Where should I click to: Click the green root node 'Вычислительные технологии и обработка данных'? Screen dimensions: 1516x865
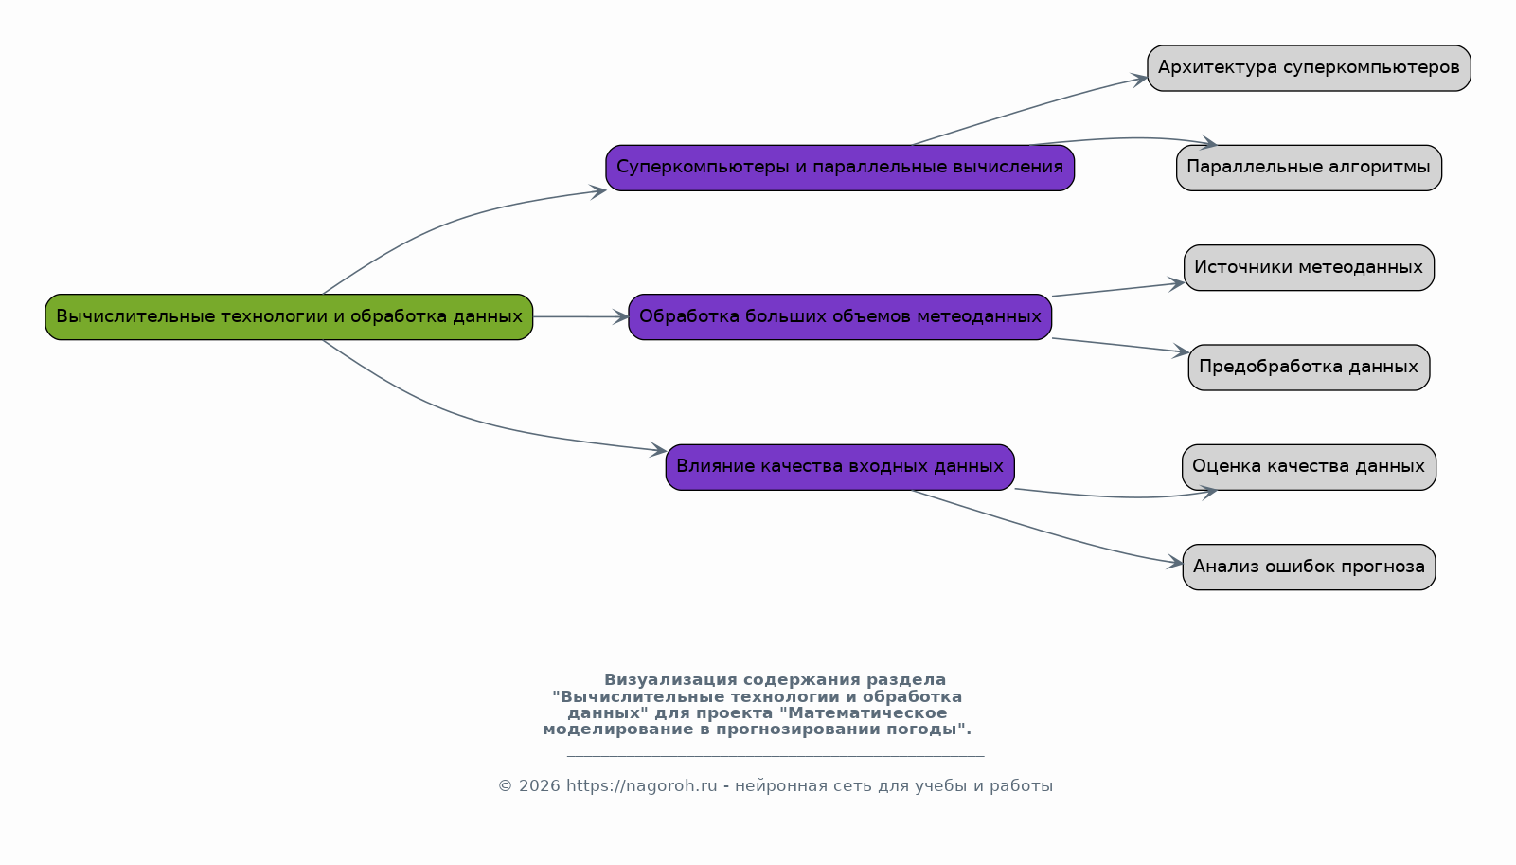(289, 317)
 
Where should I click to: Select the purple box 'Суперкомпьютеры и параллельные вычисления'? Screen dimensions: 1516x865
(840, 168)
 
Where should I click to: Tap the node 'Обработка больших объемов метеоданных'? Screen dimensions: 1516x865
(840, 317)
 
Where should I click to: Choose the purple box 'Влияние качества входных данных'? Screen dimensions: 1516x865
(840, 467)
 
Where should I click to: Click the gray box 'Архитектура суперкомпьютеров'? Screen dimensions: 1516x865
(1309, 68)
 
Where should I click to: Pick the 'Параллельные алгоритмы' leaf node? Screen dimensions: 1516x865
(1309, 168)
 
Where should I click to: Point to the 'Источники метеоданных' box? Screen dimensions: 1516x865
(1309, 268)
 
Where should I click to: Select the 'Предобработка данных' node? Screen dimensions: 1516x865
(1309, 368)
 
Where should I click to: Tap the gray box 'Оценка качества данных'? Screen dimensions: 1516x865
(1309, 467)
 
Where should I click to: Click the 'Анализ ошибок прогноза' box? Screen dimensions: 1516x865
(1309, 567)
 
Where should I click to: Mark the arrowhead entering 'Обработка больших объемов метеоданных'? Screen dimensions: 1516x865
(620, 317)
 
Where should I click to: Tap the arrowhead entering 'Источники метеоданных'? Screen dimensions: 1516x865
(1176, 284)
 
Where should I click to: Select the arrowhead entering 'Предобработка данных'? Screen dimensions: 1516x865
(1181, 351)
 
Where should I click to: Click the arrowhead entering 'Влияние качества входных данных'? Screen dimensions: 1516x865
(658, 450)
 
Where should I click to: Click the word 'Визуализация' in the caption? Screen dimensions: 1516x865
(670, 680)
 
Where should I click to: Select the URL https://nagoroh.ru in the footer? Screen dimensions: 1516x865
(642, 786)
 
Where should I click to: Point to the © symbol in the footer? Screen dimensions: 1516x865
(505, 786)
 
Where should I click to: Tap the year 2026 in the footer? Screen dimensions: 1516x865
(540, 786)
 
